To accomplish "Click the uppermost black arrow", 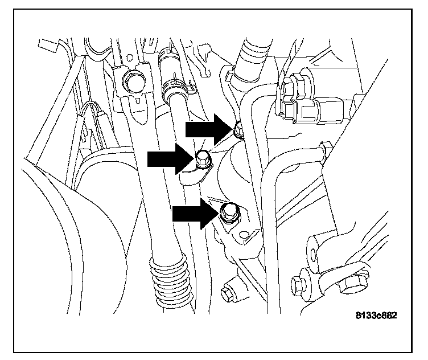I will pyautogui.click(x=208, y=130).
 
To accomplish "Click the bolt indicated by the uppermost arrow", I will pyautogui.click(x=239, y=132).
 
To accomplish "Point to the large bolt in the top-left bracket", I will pyautogui.click(x=133, y=84).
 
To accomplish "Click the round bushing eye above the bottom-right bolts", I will pyautogui.click(x=315, y=248).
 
